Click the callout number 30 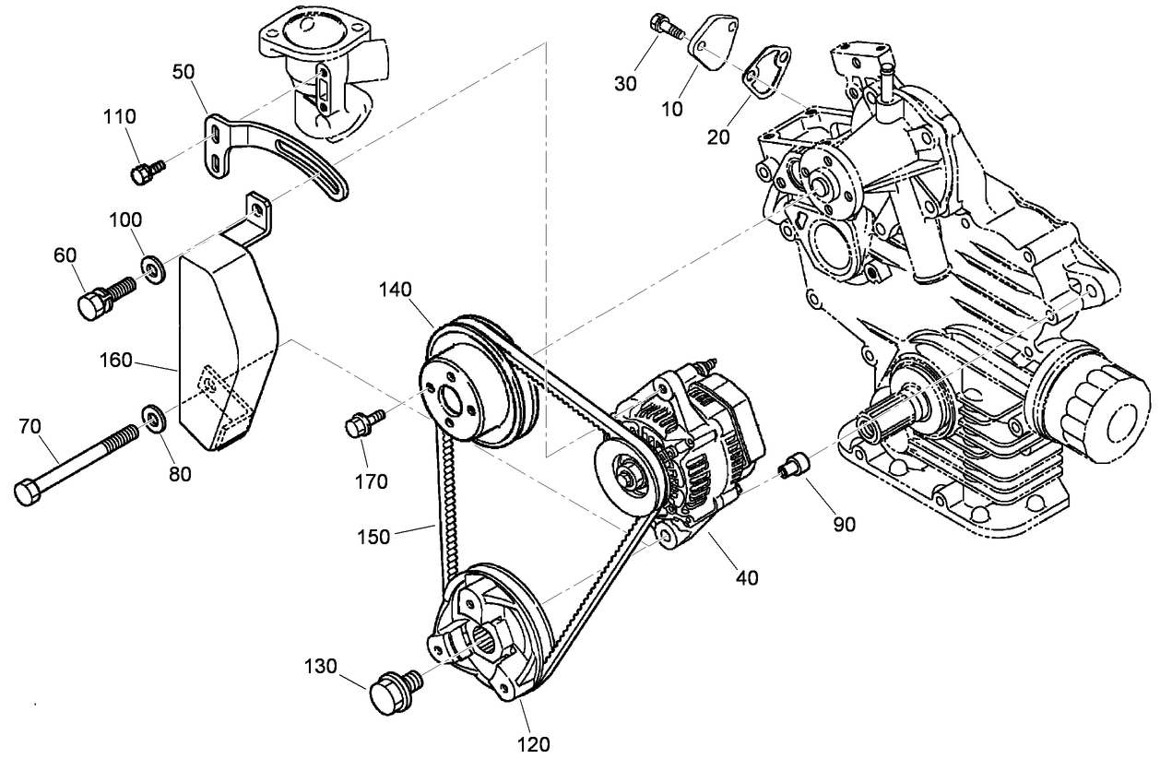click(x=626, y=83)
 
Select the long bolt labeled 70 click(x=82, y=460)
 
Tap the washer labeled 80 click(x=152, y=417)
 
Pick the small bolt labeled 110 click(x=147, y=172)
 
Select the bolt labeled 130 click(x=394, y=691)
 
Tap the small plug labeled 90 click(x=793, y=466)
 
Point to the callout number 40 click(x=747, y=578)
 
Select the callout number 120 click(x=532, y=742)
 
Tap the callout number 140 click(x=396, y=290)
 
